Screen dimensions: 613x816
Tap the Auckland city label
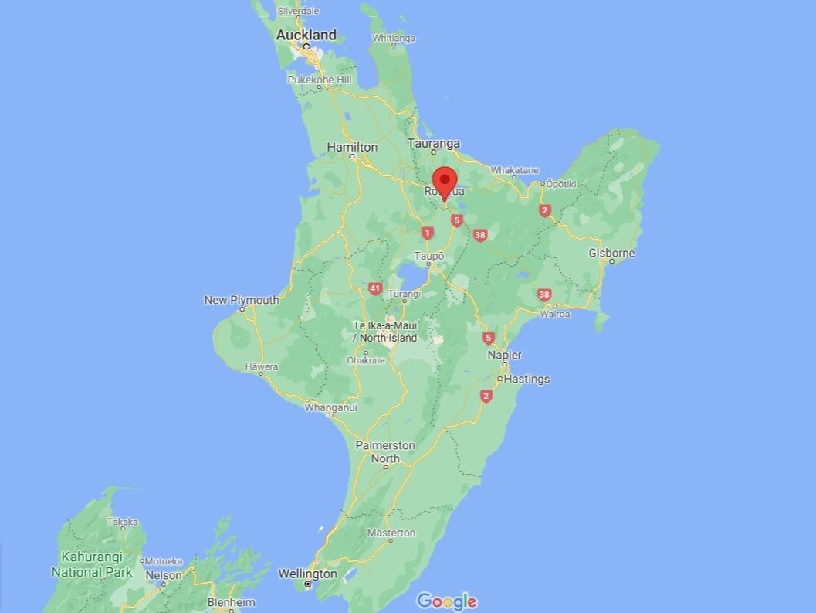pos(306,35)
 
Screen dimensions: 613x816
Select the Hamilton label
pos(352,147)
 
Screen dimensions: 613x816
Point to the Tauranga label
pos(434,144)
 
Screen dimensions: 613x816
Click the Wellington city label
pos(307,574)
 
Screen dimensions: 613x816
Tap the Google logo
pos(446,601)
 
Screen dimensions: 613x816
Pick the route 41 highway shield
pos(375,288)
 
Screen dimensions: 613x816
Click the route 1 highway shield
pos(427,233)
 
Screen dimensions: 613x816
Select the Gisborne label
pos(611,253)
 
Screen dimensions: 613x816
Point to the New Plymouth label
pos(242,300)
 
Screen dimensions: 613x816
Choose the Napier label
pos(504,355)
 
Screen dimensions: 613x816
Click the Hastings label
pos(527,379)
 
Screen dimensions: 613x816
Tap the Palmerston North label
pos(385,452)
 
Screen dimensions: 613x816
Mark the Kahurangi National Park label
pos(92,564)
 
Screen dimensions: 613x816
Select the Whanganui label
pos(331,407)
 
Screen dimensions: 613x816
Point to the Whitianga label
pos(394,38)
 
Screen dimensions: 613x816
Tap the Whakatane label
pos(514,170)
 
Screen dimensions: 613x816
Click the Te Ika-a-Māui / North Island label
pos(385,332)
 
